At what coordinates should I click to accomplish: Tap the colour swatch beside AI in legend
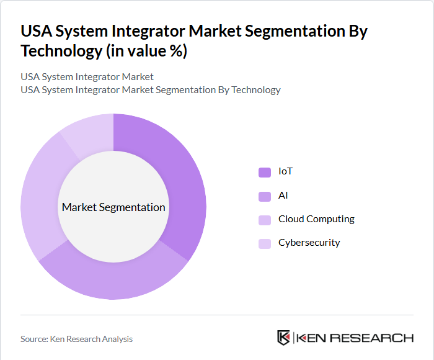(x=265, y=196)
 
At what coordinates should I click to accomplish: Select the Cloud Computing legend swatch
(x=265, y=220)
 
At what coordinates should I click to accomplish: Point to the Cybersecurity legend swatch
(x=265, y=243)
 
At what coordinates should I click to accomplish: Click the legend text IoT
(x=285, y=171)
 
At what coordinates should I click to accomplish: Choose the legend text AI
(x=283, y=195)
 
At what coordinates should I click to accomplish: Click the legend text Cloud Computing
(x=316, y=218)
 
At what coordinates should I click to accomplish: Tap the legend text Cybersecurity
(x=309, y=242)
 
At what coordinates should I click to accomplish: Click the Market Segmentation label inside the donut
(x=113, y=207)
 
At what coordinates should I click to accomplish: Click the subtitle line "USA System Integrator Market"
(x=87, y=77)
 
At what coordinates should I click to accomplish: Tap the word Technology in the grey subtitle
(x=254, y=90)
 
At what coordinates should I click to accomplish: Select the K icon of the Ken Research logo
(x=284, y=338)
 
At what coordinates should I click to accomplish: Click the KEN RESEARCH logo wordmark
(x=355, y=338)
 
